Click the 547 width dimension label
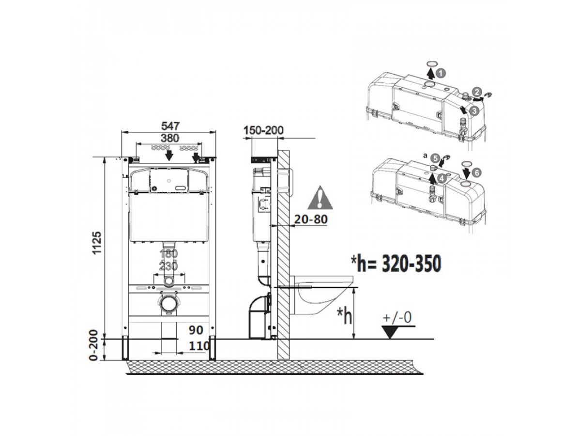170,126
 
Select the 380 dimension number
169,138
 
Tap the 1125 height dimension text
97,243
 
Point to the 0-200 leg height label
94,345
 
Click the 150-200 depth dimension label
263,130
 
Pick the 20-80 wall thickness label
311,219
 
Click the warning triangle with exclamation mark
321,198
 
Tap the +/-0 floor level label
398,317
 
